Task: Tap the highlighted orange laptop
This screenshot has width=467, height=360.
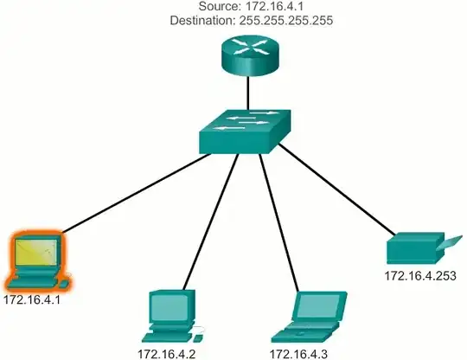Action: (37, 260)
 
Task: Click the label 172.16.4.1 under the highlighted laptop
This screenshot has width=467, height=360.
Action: (34, 302)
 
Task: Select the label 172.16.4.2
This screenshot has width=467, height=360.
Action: (168, 353)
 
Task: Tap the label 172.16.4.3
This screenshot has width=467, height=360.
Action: (300, 353)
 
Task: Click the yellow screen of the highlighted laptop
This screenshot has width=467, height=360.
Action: (37, 254)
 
